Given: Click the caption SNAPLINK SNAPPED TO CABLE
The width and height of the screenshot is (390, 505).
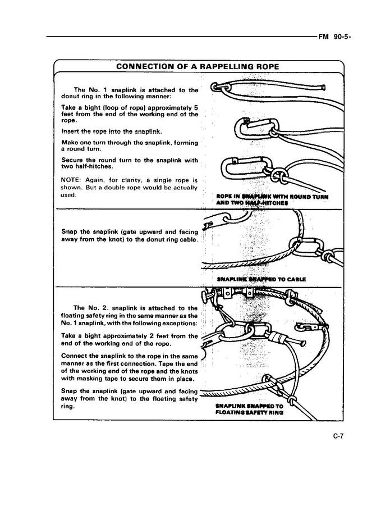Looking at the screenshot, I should coord(261,279).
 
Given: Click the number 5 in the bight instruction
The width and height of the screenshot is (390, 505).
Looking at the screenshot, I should coord(196,107).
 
